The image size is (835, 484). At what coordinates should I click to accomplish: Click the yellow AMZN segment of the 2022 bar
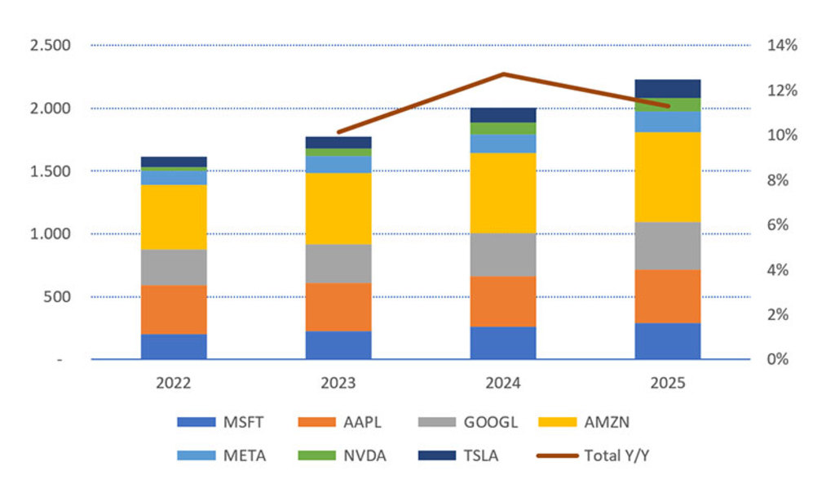[174, 217]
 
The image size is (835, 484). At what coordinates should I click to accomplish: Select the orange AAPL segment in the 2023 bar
[338, 307]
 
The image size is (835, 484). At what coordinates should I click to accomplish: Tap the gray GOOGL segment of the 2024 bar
[503, 255]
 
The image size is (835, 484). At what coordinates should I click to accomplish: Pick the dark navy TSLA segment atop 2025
[668, 88]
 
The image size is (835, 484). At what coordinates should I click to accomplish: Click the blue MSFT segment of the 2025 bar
[668, 341]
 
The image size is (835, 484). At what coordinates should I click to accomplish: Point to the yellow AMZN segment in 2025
[668, 176]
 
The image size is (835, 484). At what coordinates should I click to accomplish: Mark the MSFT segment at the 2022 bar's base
[174, 346]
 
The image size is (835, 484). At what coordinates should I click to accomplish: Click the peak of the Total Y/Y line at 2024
[503, 73]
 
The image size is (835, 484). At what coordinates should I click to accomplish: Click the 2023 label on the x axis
[338, 381]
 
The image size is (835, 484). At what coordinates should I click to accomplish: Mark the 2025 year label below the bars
[668, 381]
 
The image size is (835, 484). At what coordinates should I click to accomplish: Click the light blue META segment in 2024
[503, 144]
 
